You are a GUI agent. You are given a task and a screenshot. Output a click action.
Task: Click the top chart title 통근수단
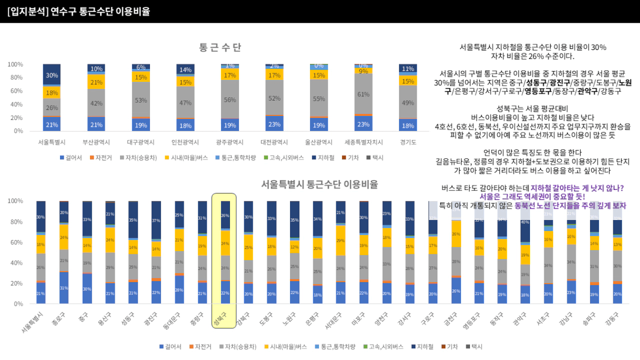(x=220, y=47)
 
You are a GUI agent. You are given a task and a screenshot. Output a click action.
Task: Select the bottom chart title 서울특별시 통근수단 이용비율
(x=319, y=184)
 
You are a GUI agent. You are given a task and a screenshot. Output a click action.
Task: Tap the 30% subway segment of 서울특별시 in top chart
(x=52, y=75)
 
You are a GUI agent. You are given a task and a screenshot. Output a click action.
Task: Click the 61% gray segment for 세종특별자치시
(x=363, y=94)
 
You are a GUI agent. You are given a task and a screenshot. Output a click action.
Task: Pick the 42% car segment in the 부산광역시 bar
(x=96, y=103)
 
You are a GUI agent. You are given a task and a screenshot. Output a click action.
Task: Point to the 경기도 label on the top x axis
(x=408, y=142)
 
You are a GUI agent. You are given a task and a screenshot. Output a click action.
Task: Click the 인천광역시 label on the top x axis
(x=185, y=142)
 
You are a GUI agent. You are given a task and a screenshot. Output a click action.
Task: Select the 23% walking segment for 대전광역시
(x=274, y=124)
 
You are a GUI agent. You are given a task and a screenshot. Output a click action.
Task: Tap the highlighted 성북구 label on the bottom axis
(x=219, y=318)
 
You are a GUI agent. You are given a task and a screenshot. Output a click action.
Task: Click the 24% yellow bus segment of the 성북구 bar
(x=225, y=243)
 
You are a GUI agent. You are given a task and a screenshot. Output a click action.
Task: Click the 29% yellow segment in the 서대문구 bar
(x=341, y=240)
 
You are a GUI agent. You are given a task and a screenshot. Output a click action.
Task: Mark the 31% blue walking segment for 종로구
(x=64, y=288)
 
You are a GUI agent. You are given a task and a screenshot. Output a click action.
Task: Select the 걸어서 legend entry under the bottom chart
(x=170, y=347)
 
